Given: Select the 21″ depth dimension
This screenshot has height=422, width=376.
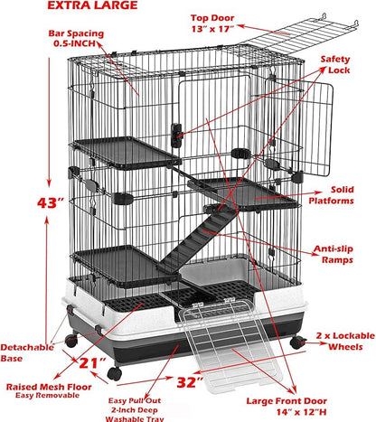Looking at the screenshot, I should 89,363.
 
